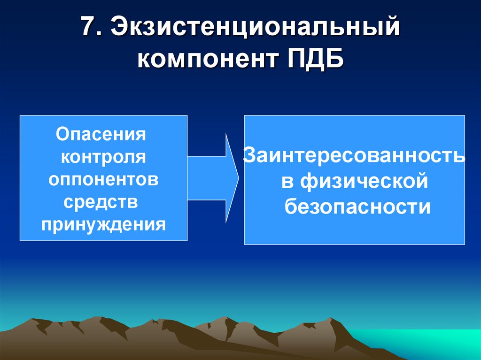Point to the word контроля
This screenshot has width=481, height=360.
[103, 157]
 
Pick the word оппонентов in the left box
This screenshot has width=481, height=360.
[103, 180]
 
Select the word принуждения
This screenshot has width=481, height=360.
[103, 225]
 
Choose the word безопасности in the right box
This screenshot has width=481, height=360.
[357, 206]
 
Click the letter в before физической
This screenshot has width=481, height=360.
[287, 182]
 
